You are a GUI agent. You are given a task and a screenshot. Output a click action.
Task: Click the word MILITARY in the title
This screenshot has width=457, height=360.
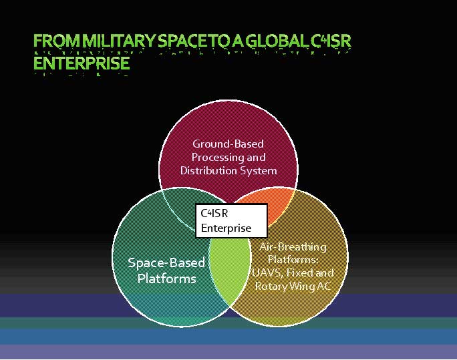118,41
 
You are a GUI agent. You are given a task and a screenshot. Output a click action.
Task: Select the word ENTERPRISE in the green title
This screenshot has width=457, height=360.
82,63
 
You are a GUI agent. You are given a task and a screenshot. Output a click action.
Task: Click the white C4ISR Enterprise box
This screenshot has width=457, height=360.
231,221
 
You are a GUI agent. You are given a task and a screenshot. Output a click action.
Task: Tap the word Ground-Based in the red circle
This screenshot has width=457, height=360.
228,144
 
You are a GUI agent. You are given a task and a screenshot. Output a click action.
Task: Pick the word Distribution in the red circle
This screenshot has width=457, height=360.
208,170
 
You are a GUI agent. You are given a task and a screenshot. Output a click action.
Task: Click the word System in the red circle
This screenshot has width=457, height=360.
258,171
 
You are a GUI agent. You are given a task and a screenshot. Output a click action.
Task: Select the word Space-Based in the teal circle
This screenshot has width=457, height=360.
166,263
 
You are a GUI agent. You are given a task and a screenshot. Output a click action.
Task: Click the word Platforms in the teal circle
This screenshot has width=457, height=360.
167,279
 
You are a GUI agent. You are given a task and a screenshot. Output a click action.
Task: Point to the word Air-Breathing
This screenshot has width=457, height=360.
293,247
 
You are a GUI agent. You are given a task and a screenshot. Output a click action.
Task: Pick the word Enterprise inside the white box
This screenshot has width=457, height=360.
226,228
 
